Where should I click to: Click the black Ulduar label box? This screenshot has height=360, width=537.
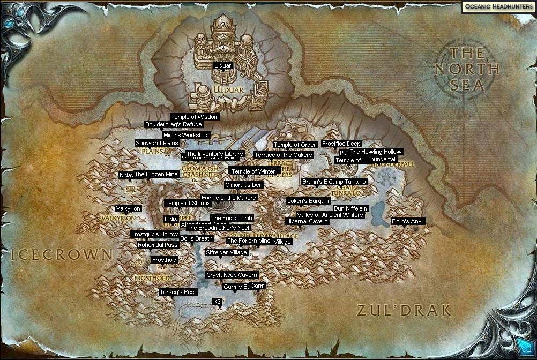[223, 65]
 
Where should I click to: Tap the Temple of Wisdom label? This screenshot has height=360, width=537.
[195, 117]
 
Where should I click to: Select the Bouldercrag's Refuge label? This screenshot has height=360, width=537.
[174, 125]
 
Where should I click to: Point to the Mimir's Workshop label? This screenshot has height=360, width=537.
[185, 136]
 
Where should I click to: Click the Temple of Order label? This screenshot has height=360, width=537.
[295, 145]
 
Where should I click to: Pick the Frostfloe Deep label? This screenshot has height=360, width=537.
[341, 144]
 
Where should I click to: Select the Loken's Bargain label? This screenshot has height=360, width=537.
[308, 201]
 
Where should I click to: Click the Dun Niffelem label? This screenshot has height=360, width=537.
[350, 208]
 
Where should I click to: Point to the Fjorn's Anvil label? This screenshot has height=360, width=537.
[408, 221]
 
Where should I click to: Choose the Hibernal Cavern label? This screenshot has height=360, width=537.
[307, 221]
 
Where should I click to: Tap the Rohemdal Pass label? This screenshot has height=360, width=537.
[158, 245]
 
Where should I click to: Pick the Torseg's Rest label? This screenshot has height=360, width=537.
[178, 292]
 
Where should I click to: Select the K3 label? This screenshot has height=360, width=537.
[217, 302]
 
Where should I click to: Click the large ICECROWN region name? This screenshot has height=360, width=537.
[62, 255]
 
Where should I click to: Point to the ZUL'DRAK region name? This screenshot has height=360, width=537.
[404, 310]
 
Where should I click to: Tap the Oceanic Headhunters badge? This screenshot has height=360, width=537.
[498, 6]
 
